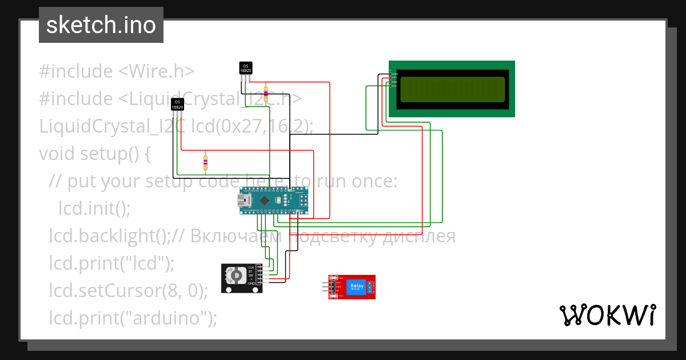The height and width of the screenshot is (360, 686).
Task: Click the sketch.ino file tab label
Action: [x=101, y=25]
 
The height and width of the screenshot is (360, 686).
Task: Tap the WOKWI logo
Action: [x=607, y=315]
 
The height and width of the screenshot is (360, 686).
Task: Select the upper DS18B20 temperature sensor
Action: [x=245, y=68]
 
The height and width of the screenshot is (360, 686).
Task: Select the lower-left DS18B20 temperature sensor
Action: [x=177, y=104]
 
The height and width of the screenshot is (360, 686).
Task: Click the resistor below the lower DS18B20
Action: [x=205, y=163]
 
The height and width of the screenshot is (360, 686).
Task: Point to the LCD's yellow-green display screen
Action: [x=452, y=90]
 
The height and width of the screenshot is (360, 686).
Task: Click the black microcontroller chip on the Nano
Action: [x=264, y=201]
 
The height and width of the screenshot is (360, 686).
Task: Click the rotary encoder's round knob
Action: [x=235, y=277]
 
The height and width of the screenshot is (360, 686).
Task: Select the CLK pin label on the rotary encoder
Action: [x=250, y=267]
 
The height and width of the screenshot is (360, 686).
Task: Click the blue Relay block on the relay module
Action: [x=356, y=286]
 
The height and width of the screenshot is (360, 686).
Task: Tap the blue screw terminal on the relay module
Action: [x=370, y=287]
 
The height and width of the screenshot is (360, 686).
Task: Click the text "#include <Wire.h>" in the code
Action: [x=117, y=71]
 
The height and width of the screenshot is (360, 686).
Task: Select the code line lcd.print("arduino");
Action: [x=133, y=318]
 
